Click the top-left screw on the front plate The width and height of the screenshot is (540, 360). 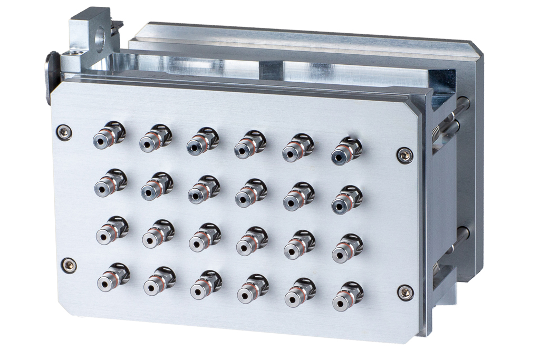(64, 132)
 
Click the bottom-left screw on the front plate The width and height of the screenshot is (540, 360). (69, 265)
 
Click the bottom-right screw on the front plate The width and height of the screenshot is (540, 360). (405, 291)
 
